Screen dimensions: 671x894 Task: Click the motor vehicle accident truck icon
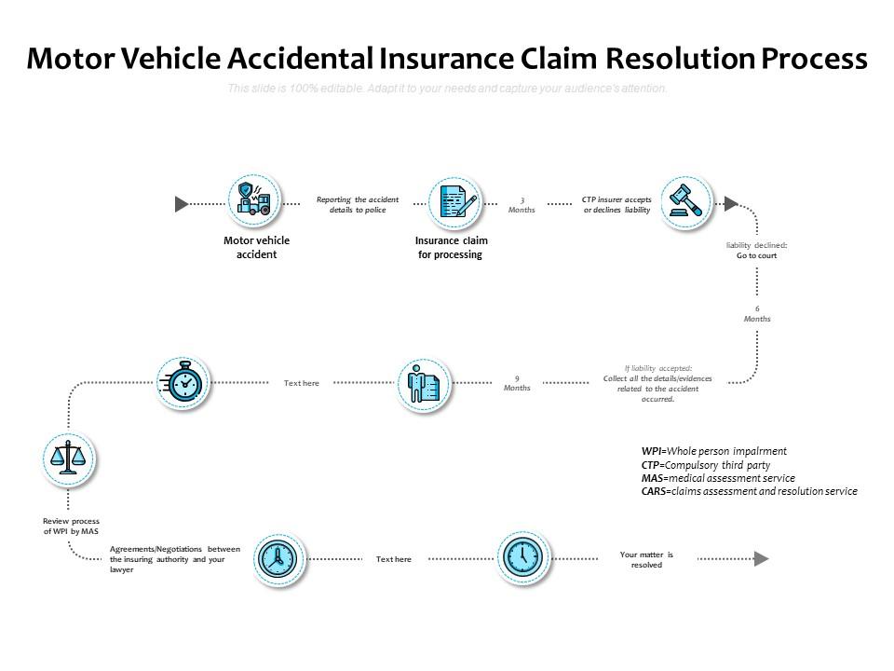pyautogui.click(x=255, y=200)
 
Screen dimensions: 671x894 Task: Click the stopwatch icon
pyautogui.click(x=183, y=382)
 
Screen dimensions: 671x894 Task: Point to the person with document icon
pyautogui.click(x=424, y=383)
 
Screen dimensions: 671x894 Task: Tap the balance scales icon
pyautogui.click(x=70, y=459)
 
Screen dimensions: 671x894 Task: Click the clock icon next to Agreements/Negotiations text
pyautogui.click(x=277, y=558)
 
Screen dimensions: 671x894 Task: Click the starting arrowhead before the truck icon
pyautogui.click(x=183, y=203)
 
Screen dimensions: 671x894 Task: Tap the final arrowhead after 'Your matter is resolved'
pyautogui.click(x=762, y=559)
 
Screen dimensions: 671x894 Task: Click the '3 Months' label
pyautogui.click(x=521, y=205)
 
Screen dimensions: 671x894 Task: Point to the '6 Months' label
pyautogui.click(x=756, y=314)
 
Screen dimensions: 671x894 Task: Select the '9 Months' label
pyautogui.click(x=517, y=383)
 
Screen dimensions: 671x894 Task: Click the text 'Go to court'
pyautogui.click(x=756, y=255)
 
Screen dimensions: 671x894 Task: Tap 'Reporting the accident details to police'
pyautogui.click(x=357, y=205)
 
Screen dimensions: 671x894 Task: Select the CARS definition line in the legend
pyautogui.click(x=749, y=491)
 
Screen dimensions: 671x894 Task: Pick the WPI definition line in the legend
pyautogui.click(x=713, y=451)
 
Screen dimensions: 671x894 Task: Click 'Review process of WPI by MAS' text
pyautogui.click(x=71, y=527)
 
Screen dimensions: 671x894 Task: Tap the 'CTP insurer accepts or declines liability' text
pyautogui.click(x=616, y=205)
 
